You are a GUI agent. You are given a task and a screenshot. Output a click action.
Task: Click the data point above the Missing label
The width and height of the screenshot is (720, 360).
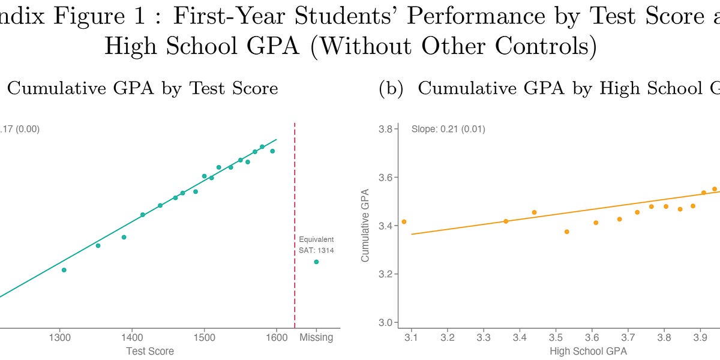click(316, 262)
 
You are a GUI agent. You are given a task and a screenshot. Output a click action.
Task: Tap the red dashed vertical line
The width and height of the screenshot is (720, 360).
click(295, 228)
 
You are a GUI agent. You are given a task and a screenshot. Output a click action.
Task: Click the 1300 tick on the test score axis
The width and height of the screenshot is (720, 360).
click(59, 337)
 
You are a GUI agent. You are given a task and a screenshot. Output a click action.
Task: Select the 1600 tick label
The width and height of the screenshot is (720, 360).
click(276, 337)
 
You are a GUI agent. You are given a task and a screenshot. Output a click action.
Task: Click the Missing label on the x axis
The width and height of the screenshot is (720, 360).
click(316, 337)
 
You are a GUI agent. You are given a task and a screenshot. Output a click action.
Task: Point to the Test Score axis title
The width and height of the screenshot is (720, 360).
click(150, 351)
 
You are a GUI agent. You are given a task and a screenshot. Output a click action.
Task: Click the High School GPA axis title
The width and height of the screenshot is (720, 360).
click(588, 351)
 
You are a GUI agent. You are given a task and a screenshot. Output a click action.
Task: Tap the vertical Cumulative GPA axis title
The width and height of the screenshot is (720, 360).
click(365, 225)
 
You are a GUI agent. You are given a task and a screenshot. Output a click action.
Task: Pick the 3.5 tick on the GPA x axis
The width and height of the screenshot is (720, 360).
click(556, 337)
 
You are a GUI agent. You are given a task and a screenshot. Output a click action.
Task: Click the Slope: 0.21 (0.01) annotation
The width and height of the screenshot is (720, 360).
click(448, 129)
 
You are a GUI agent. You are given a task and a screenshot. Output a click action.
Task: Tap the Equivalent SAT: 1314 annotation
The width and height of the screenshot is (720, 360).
click(316, 245)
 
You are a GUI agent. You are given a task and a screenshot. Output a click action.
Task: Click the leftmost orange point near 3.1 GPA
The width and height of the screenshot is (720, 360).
click(404, 221)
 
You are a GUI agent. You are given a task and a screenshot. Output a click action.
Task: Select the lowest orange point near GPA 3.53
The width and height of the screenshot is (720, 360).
click(566, 232)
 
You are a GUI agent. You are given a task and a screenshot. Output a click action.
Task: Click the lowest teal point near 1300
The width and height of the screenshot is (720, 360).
click(64, 270)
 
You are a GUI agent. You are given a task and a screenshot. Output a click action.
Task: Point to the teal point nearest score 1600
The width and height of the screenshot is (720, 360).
click(272, 151)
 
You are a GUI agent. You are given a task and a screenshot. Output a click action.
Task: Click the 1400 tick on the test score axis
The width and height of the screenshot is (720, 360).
click(131, 337)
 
